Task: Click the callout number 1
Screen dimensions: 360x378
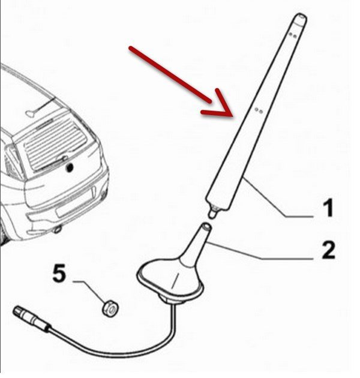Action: [x=328, y=208]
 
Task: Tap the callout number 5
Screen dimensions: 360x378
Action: [x=59, y=272]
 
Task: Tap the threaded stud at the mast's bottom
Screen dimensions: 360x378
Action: [x=214, y=212]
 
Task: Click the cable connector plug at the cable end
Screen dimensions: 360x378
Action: [x=31, y=319]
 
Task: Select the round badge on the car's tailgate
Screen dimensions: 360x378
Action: [x=70, y=167]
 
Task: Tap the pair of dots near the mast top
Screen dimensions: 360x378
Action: [x=292, y=35]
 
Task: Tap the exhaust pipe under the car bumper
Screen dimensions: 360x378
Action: [x=58, y=229]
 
